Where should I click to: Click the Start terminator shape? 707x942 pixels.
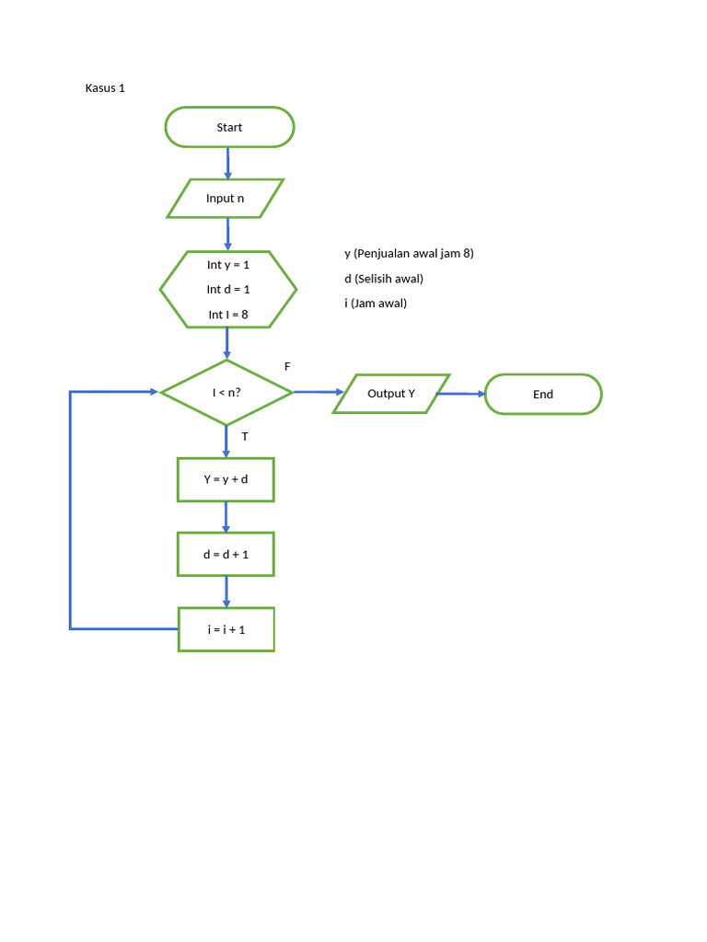click(x=229, y=127)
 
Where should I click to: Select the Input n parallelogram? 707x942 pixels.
click(x=226, y=199)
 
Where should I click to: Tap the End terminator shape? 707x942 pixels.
click(x=543, y=394)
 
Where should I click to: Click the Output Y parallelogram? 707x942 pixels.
click(x=391, y=394)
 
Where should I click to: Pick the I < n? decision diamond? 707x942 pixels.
click(x=226, y=393)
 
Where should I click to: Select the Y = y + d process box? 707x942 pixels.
click(x=226, y=479)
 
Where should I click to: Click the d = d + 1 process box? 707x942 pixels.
click(x=226, y=555)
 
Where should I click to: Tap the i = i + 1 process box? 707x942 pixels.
click(x=226, y=629)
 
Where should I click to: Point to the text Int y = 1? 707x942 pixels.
click(x=228, y=264)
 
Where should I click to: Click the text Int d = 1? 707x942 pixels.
click(x=228, y=289)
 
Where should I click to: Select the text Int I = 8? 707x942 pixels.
click(x=228, y=315)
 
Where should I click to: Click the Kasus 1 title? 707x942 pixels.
click(x=105, y=88)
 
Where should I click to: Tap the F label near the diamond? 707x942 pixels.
click(x=287, y=366)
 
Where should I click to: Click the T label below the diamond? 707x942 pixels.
click(x=245, y=437)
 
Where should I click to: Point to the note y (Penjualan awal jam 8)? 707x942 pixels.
click(x=409, y=253)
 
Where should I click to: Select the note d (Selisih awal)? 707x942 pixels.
click(x=384, y=279)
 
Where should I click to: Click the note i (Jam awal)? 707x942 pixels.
click(x=376, y=303)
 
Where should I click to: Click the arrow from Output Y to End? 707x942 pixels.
click(x=460, y=394)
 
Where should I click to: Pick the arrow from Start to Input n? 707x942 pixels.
click(x=227, y=163)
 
